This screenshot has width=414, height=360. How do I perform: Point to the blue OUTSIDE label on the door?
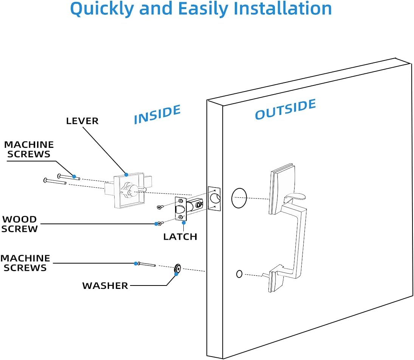(285, 109)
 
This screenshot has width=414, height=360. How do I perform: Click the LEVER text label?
(82, 121)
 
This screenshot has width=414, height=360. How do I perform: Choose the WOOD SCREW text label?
(20, 224)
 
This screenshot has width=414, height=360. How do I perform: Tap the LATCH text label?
(180, 237)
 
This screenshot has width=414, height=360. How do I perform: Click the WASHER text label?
(105, 286)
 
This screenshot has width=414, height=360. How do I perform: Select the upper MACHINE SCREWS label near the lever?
(29, 149)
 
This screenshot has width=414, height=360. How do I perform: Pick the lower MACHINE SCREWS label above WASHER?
(25, 263)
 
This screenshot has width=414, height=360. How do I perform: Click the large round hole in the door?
(239, 198)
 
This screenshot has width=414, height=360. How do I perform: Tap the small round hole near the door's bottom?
(239, 274)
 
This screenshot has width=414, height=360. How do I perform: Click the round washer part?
(177, 269)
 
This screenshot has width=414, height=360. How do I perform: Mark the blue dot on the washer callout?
(176, 274)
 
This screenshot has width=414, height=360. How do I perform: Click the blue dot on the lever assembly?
(126, 175)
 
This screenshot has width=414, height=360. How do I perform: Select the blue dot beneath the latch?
(183, 223)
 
